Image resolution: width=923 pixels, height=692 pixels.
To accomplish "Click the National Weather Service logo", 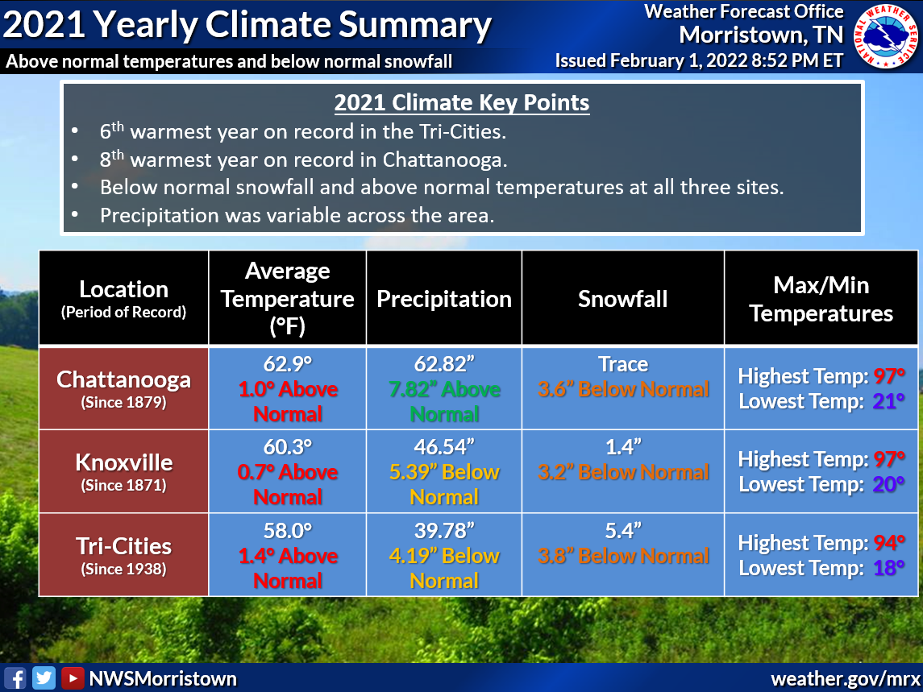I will tap(885, 36).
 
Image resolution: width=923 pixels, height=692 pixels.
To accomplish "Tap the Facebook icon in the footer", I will tap(15, 678).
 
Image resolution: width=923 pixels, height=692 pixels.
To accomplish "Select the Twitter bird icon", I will tap(44, 678).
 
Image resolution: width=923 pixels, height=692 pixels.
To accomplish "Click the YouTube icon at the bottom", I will tap(73, 678).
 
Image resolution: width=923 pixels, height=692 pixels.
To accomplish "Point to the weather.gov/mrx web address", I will tap(843, 678).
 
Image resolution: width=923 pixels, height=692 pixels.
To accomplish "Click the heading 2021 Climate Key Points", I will tap(461, 103).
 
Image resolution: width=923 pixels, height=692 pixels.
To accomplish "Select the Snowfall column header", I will tap(622, 299).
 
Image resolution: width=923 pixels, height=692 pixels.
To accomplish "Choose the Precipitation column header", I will tap(444, 299).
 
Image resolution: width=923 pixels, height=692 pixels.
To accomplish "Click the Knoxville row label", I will tap(123, 462).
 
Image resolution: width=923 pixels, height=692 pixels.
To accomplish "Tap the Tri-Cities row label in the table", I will tap(123, 546).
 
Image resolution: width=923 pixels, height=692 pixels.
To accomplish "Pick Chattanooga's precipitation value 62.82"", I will tap(444, 364).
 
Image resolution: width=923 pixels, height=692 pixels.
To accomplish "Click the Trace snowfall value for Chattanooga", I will tap(623, 364).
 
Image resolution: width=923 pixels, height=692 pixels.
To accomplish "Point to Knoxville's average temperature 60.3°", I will tap(288, 447).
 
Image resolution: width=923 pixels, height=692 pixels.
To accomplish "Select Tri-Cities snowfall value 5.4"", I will tap(623, 531).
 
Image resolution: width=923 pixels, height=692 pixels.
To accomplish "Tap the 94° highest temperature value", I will tap(890, 543).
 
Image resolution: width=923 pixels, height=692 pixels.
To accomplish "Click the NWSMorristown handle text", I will tap(163, 678).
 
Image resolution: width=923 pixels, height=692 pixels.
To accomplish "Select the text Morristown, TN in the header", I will tap(761, 35).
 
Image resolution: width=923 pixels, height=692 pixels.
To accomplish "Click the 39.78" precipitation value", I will tap(444, 531).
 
